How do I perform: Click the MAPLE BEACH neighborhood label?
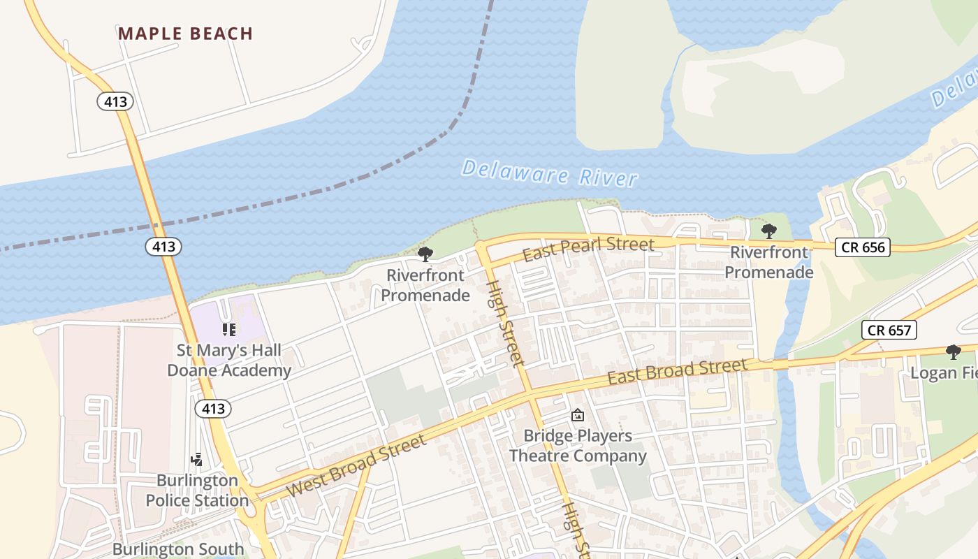(x=185, y=34)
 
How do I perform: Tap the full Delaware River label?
(x=550, y=173)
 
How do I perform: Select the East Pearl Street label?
(x=588, y=247)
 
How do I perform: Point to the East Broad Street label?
(x=678, y=371)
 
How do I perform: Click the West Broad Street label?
(x=356, y=466)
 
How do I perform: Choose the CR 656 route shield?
(x=863, y=247)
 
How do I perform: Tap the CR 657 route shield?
(x=889, y=330)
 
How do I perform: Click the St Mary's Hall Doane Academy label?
(x=229, y=360)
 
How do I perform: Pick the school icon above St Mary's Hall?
(x=229, y=329)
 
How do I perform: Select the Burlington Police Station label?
(x=197, y=491)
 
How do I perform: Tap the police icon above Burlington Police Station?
(x=197, y=459)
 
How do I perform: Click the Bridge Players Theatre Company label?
(x=578, y=446)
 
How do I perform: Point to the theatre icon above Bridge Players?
(x=578, y=416)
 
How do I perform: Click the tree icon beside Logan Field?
(x=953, y=351)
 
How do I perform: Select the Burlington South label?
(x=178, y=549)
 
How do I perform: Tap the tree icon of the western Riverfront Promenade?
(x=425, y=254)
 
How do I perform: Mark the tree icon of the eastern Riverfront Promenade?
(x=769, y=231)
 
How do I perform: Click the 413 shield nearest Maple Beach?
(x=115, y=102)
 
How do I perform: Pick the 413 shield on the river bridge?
(x=163, y=246)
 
